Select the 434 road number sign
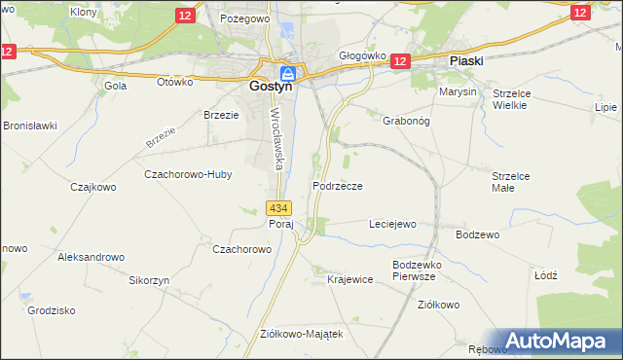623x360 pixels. (278, 208)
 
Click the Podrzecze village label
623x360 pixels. (338, 185)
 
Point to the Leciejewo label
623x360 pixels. (392, 224)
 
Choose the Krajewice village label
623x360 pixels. (350, 279)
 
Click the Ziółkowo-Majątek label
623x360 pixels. (302, 333)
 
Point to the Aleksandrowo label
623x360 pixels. (92, 257)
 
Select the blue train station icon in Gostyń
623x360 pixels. (289, 74)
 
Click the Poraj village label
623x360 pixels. (281, 224)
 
